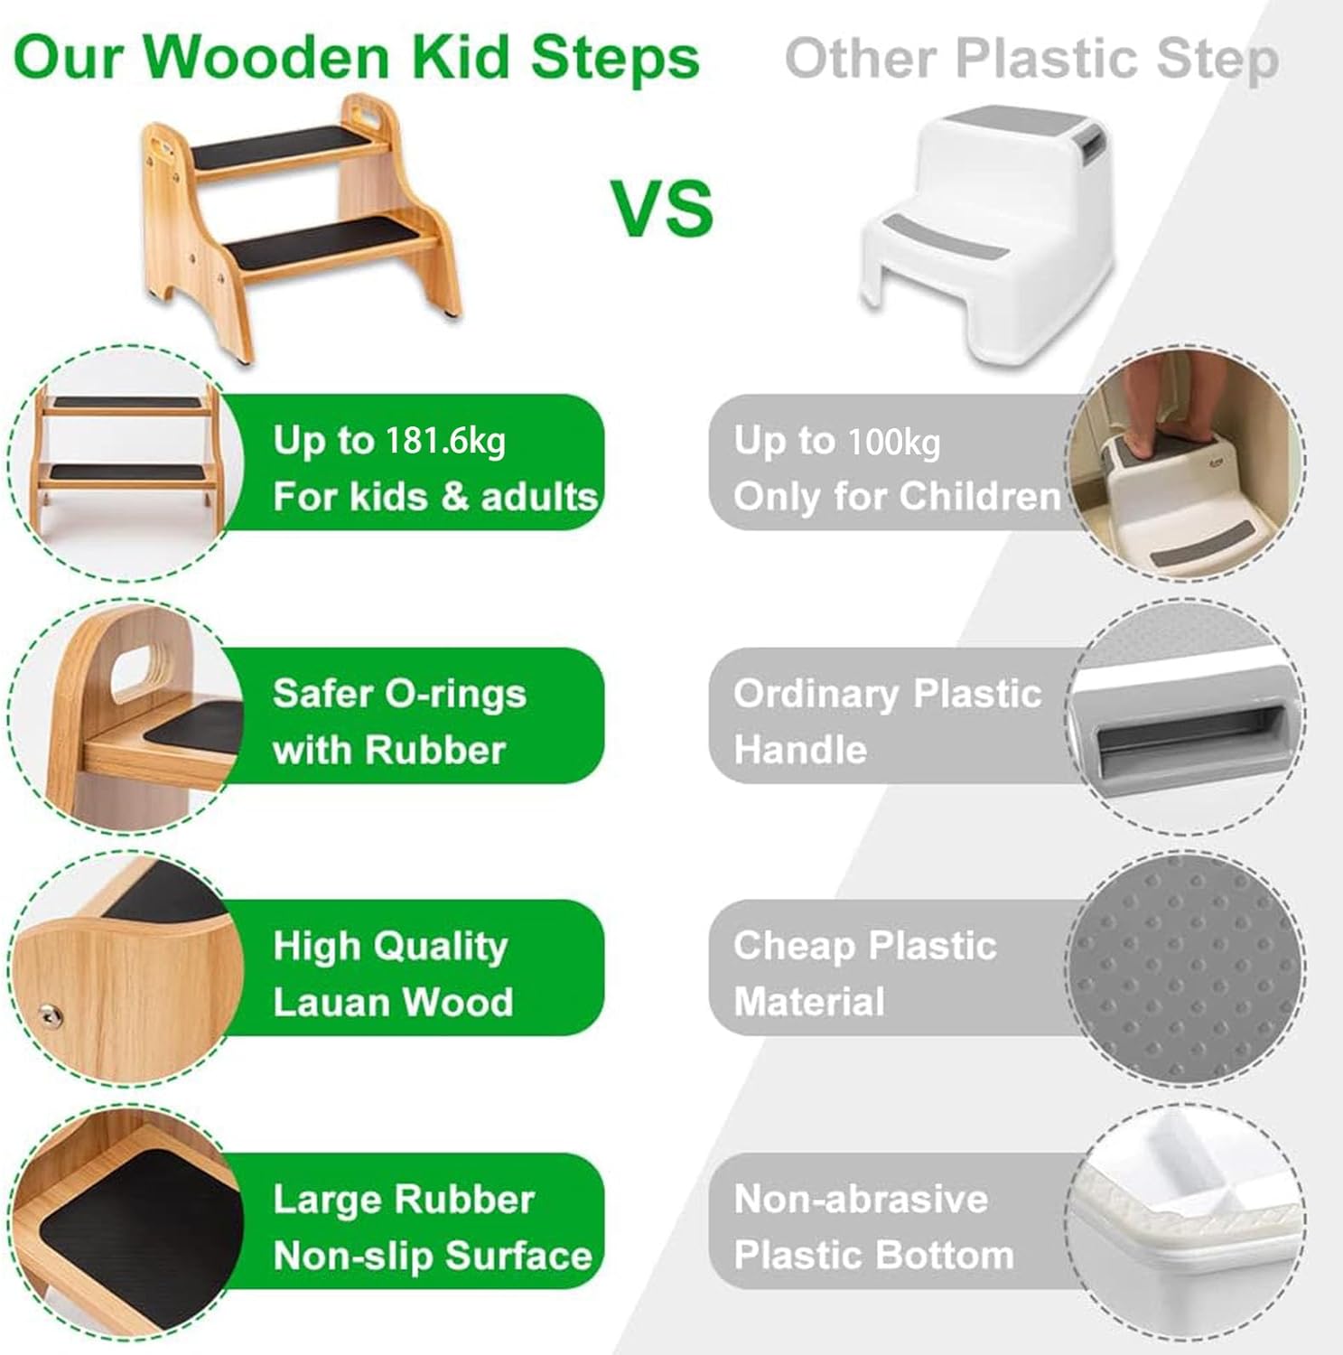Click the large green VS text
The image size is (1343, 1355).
coord(664,208)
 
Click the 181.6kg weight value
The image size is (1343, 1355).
coord(445,441)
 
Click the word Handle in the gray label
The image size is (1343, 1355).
coord(800,750)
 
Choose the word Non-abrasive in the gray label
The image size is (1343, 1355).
coord(861,1200)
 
